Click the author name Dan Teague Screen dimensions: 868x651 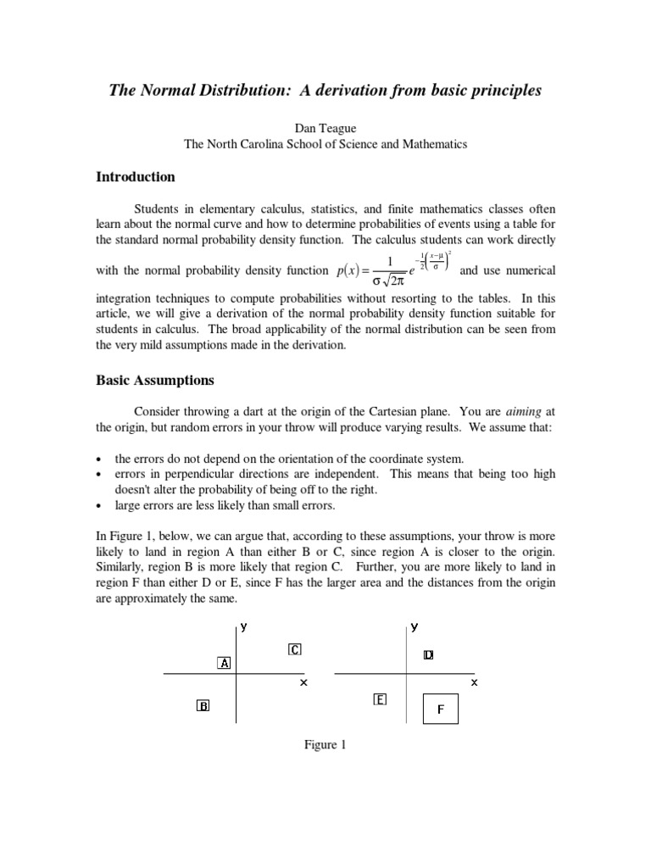tap(325, 127)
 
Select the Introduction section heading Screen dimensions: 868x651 tap(136, 177)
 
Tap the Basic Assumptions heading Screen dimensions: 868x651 tap(155, 381)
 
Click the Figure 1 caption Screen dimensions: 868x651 tap(325, 745)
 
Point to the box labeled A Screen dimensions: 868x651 tap(225, 663)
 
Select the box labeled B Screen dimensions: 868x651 tap(203, 705)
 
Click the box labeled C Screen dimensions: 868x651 tap(294, 649)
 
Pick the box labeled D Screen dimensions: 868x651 tap(428, 655)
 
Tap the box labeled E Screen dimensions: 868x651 tap(380, 699)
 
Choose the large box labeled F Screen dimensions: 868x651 tap(440, 709)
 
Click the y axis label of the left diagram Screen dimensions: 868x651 tap(243, 627)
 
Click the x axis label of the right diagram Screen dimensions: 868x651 tap(474, 682)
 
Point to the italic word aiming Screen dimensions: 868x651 tap(524, 410)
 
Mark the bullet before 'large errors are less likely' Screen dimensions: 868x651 tap(100, 506)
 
